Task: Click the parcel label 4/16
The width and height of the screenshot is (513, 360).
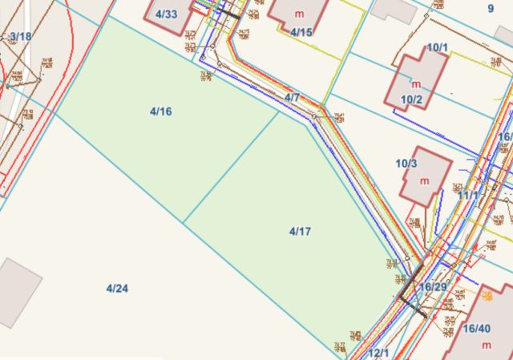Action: point(160,111)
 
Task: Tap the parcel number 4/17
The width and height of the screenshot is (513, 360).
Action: point(300,231)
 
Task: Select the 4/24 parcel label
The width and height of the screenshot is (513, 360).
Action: point(116,288)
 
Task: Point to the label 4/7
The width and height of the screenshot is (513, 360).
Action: point(292,98)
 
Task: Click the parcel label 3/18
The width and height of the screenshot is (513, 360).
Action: point(21,37)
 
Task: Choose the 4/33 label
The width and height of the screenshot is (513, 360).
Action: point(167,14)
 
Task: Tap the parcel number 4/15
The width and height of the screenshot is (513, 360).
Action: point(301,32)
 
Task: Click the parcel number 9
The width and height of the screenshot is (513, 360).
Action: point(491,9)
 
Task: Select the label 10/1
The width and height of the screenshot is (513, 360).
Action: point(437,47)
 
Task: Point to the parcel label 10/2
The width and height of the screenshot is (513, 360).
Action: point(411,99)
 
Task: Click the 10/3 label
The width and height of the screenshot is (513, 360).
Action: point(406,164)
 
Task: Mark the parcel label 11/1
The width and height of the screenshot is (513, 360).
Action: point(467,195)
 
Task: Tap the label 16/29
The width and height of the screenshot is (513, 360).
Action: point(432,287)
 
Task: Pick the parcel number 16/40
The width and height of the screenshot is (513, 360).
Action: point(477,328)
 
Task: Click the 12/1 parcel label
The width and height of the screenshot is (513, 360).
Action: point(378,353)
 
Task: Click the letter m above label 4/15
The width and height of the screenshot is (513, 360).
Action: point(299,14)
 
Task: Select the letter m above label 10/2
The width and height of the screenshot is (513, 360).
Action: point(416,83)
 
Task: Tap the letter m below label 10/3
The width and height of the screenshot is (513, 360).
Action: point(425,180)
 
